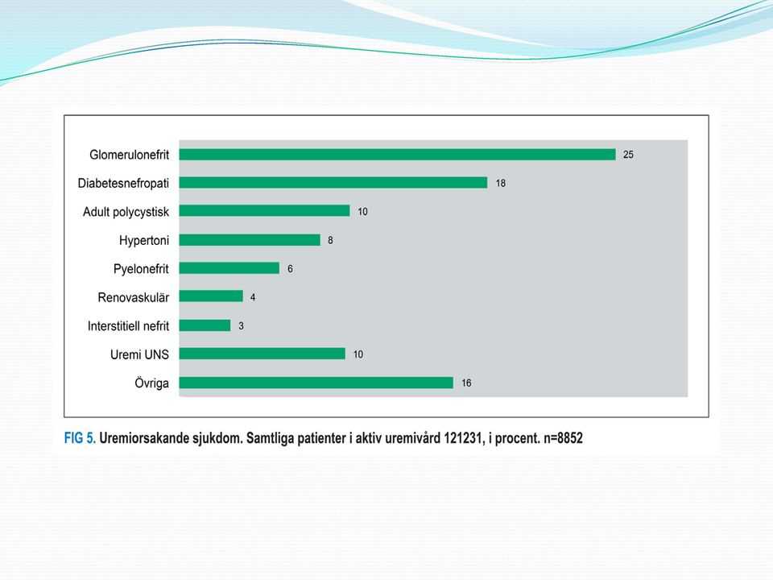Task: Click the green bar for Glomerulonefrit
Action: (397, 155)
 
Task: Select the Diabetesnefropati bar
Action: (333, 183)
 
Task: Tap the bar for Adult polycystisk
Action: (264, 211)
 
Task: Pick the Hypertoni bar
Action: (250, 240)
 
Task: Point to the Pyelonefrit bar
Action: (229, 267)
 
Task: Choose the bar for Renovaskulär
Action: (211, 296)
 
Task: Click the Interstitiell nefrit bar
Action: (205, 325)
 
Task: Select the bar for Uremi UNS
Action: (262, 354)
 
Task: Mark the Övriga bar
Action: (316, 382)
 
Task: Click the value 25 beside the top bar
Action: (628, 155)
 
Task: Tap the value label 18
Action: (500, 183)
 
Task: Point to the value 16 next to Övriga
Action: (466, 383)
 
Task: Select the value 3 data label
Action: (241, 325)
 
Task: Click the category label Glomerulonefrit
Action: (129, 155)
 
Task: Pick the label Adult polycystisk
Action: (126, 212)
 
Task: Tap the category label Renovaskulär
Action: (133, 297)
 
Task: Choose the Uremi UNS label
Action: (139, 354)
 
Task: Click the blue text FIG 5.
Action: (80, 438)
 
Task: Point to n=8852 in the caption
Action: (563, 438)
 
